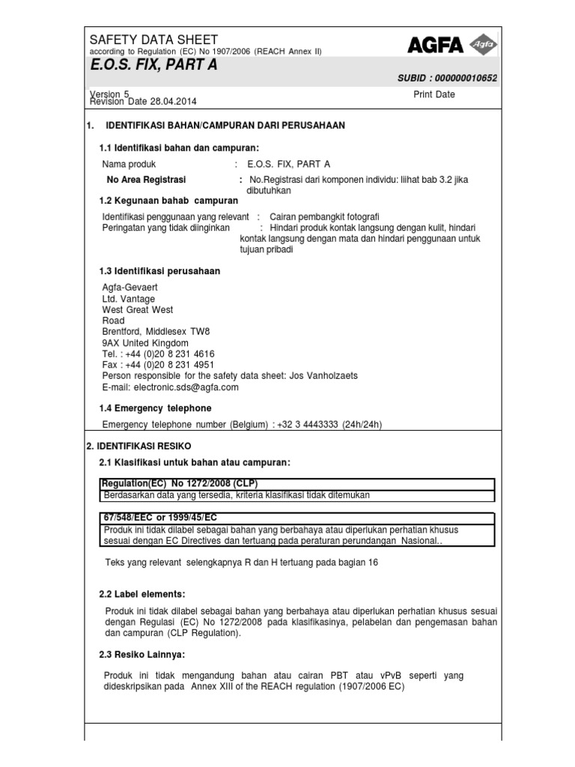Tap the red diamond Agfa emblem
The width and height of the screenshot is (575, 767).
pyautogui.click(x=482, y=46)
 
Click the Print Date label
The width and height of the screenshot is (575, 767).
pyautogui.click(x=433, y=94)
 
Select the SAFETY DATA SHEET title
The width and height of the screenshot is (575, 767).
pyautogui.click(x=153, y=39)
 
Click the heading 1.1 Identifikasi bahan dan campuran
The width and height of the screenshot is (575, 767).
pyautogui.click(x=179, y=148)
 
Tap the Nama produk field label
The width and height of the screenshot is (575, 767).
pyautogui.click(x=130, y=164)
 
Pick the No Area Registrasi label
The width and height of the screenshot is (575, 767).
pyautogui.click(x=147, y=180)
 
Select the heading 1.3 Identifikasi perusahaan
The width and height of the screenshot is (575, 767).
pyautogui.click(x=159, y=271)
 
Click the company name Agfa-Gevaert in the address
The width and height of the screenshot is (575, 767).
pyautogui.click(x=130, y=288)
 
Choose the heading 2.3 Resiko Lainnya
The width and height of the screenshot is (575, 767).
pyautogui.click(x=142, y=655)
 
